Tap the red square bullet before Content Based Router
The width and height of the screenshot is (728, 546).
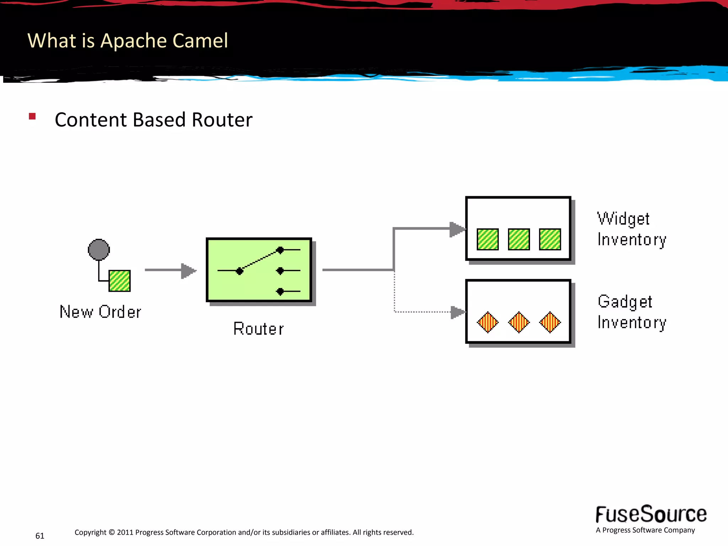pyautogui.click(x=32, y=116)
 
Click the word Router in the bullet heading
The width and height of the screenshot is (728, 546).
pyautogui.click(x=222, y=120)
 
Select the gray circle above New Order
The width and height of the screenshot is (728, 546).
pyautogui.click(x=99, y=250)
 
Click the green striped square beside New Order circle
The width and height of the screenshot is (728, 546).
pyautogui.click(x=119, y=281)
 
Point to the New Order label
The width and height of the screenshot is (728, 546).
pyautogui.click(x=100, y=312)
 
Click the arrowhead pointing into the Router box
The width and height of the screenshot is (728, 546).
pyautogui.click(x=188, y=271)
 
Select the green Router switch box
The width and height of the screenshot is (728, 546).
pyautogui.click(x=259, y=270)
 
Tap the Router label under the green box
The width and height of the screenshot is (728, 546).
pyautogui.click(x=258, y=329)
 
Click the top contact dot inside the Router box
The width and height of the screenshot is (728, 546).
pyautogui.click(x=280, y=250)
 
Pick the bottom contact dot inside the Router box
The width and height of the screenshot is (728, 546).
pyautogui.click(x=280, y=291)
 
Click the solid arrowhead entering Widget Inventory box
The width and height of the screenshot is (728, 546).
pyautogui.click(x=457, y=229)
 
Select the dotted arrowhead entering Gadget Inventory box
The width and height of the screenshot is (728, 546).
pyautogui.click(x=457, y=312)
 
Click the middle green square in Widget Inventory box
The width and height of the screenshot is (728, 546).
pyautogui.click(x=519, y=239)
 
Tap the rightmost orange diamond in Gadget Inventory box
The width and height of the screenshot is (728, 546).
pyautogui.click(x=550, y=322)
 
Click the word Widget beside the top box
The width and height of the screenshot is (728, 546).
pyautogui.click(x=623, y=219)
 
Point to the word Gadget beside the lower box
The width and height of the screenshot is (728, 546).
pyautogui.click(x=625, y=302)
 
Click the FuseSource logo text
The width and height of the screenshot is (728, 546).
pyautogui.click(x=651, y=514)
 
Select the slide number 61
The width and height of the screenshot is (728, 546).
pyautogui.click(x=40, y=536)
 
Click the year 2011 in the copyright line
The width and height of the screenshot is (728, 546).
pyautogui.click(x=125, y=532)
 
